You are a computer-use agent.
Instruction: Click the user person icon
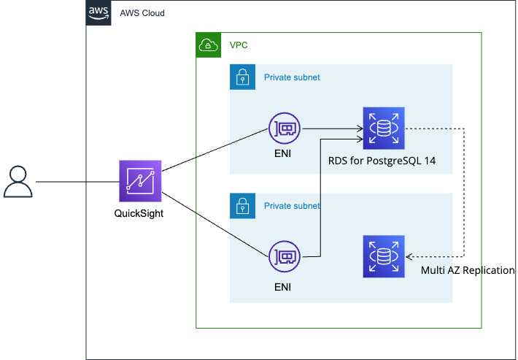(18, 182)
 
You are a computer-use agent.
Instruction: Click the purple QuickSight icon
(140, 181)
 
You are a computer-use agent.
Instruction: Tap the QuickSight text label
(140, 213)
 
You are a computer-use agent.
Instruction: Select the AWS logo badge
(98, 13)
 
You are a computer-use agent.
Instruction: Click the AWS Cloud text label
(142, 13)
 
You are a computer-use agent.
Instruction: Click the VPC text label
(239, 45)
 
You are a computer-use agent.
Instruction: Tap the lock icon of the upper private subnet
(242, 77)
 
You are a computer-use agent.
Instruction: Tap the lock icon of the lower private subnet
(242, 206)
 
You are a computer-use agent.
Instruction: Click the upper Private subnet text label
(292, 77)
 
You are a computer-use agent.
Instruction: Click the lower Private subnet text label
(292, 206)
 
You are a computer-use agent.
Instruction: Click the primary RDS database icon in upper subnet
(384, 128)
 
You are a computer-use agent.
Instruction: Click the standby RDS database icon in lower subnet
(384, 257)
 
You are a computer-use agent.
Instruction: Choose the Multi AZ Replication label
(468, 271)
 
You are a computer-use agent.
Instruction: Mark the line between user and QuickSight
(77, 182)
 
